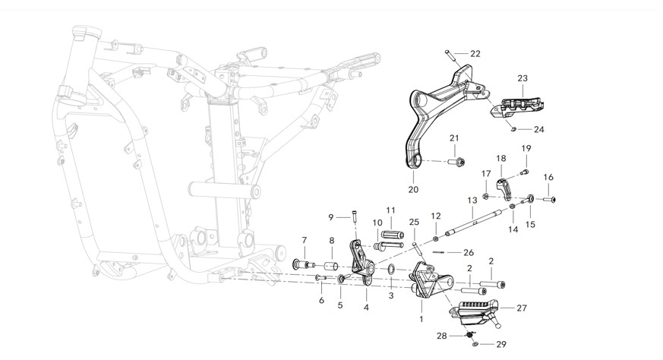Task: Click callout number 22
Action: [x=475, y=54]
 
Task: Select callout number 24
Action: [x=539, y=129]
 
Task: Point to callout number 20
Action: [x=413, y=189]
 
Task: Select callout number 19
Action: [x=526, y=148]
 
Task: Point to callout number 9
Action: [x=330, y=217]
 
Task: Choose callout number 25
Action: [x=414, y=222]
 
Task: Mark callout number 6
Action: [x=321, y=301]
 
